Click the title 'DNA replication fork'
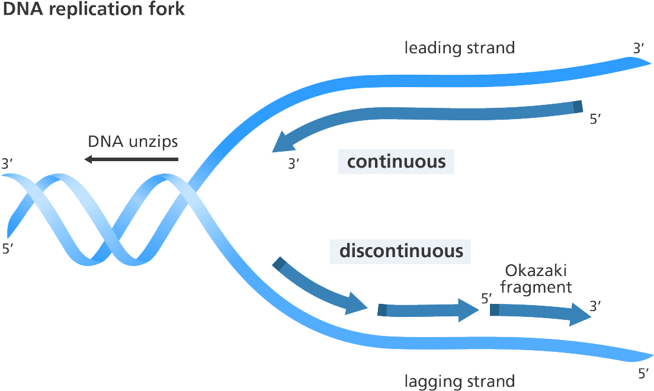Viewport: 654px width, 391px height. point(94,8)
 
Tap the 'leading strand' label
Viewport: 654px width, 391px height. point(459,48)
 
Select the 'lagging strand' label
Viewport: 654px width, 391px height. point(459,381)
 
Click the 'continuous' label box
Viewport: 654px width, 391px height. point(396,161)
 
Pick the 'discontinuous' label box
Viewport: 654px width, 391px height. point(400,251)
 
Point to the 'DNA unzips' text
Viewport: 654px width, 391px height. point(133,142)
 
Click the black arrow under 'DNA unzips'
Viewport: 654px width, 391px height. point(131,159)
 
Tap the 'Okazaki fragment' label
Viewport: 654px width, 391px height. point(536,279)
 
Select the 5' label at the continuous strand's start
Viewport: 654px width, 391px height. point(595,119)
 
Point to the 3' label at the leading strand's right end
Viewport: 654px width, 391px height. point(639,49)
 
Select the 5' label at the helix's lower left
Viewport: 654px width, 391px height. point(8,248)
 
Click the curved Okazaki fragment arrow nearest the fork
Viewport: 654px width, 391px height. point(320,287)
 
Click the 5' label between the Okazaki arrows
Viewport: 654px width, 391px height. point(486,299)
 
